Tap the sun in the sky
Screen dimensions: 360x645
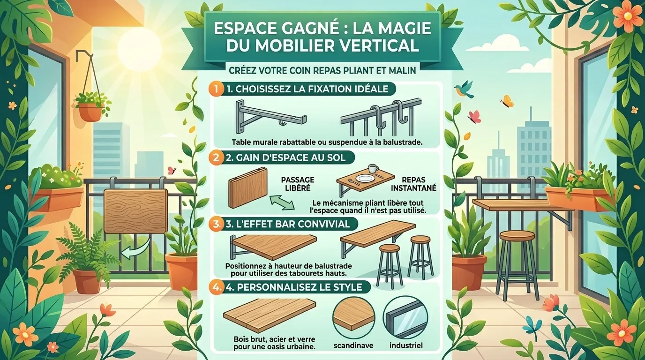pyautogui.click(x=139, y=48)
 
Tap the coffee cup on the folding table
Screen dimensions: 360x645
pyautogui.click(x=373, y=169)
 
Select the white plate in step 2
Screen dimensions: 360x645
pyautogui.click(x=363, y=179)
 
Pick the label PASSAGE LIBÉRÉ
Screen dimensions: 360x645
pyautogui.click(x=297, y=183)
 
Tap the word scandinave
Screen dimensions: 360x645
pyautogui.click(x=352, y=345)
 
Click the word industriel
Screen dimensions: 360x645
pyautogui.click(x=405, y=345)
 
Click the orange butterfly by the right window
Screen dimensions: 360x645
pyautogui.click(x=507, y=101)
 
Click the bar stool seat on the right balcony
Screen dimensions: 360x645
pyautogui.click(x=517, y=235)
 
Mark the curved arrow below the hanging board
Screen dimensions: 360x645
pyautogui.click(x=135, y=250)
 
